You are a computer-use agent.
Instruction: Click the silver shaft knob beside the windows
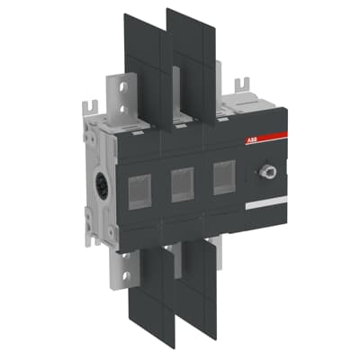268,169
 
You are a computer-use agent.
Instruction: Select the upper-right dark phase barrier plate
190,63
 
